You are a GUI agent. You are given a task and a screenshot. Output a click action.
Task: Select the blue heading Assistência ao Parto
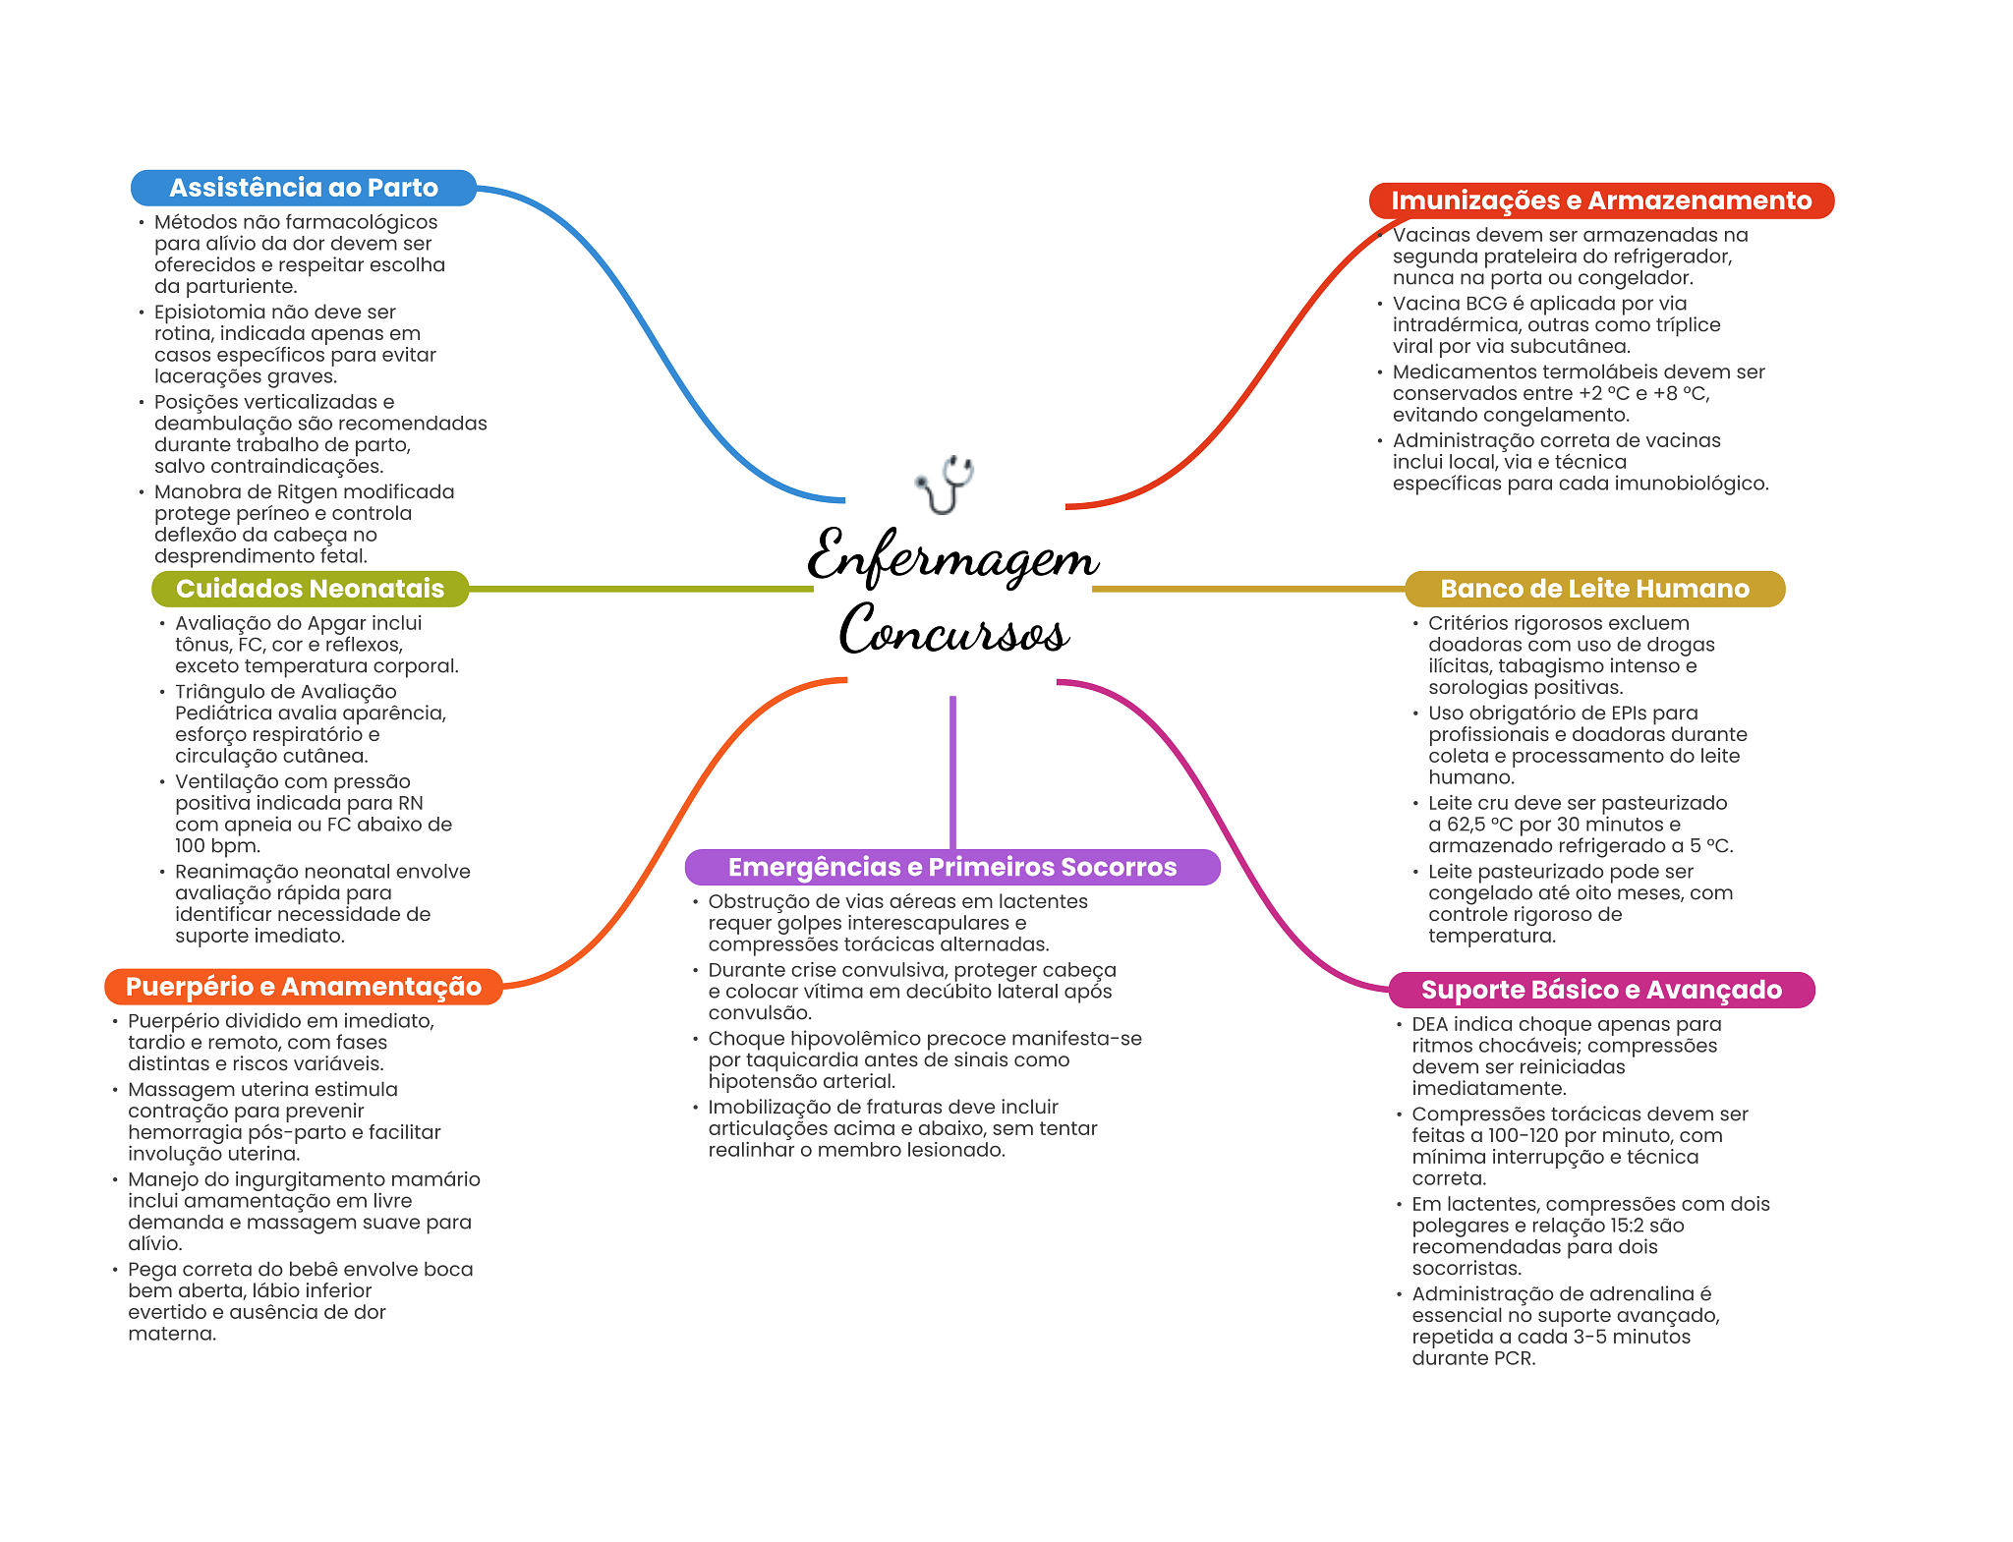(304, 188)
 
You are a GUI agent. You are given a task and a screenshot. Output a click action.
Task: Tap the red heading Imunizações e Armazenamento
(1601, 200)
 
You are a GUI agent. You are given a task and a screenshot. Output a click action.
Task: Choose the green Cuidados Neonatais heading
(310, 589)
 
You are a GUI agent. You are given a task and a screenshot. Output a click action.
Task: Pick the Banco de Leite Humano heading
(1594, 589)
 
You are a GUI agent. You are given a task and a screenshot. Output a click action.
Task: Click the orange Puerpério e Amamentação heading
(304, 987)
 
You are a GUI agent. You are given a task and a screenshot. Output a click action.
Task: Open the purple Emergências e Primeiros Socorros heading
(952, 867)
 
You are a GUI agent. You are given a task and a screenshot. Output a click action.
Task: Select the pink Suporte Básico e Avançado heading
(1601, 990)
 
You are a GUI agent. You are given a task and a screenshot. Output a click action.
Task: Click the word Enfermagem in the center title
(952, 556)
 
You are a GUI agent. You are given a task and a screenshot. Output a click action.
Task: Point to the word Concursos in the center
(953, 629)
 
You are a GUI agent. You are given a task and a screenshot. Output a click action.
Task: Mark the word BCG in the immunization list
(1485, 304)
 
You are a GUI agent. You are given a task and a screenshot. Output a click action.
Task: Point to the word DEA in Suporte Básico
(1430, 1024)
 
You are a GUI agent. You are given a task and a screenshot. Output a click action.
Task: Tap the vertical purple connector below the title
(952, 772)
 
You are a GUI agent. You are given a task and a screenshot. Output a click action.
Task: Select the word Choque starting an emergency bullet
(746, 1040)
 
